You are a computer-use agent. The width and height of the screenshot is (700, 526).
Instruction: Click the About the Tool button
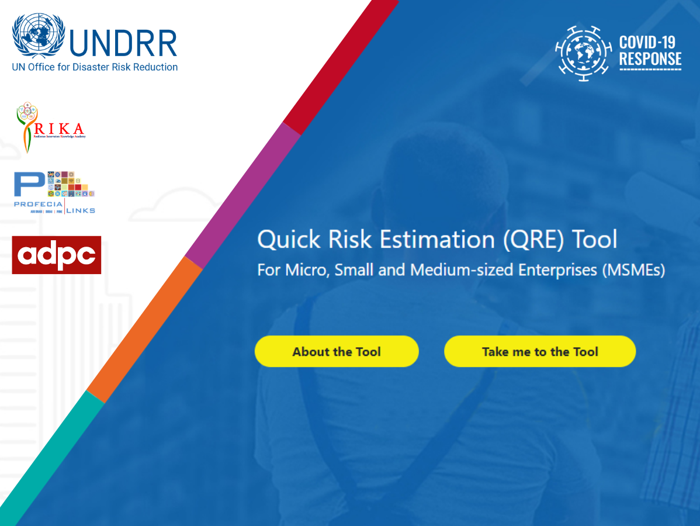coord(337,351)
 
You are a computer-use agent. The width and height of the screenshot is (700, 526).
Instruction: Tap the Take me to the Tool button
coord(540,351)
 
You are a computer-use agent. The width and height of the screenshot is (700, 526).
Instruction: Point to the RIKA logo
coord(50,126)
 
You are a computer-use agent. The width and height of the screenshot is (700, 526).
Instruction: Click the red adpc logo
coord(57,255)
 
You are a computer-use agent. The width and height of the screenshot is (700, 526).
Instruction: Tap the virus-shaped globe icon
coord(583,53)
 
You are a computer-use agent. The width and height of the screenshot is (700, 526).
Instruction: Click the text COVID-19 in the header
coord(647,42)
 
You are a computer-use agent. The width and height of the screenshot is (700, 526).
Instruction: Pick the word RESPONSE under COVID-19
coord(650,59)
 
